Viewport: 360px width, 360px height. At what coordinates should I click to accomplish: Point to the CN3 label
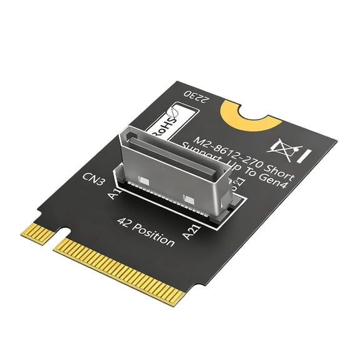[x=93, y=182]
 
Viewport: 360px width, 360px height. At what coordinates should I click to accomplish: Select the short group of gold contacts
[x=37, y=232]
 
